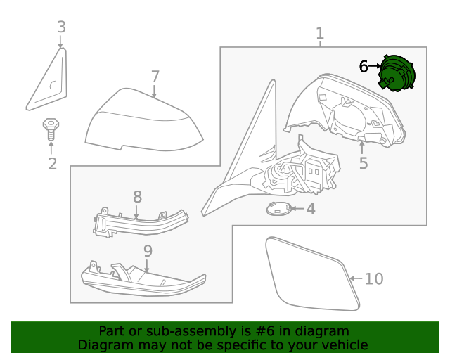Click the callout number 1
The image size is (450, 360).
(320, 33)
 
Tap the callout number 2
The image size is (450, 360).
(52, 164)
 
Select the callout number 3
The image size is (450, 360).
(61, 27)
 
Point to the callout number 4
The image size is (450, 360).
(310, 209)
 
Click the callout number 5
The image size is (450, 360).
(363, 163)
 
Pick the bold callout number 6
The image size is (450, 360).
(364, 67)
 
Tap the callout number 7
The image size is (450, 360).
(155, 76)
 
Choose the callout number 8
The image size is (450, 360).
(137, 198)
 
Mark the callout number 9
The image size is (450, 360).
(148, 251)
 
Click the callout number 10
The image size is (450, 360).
(374, 279)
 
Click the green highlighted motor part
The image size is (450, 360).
(397, 73)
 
